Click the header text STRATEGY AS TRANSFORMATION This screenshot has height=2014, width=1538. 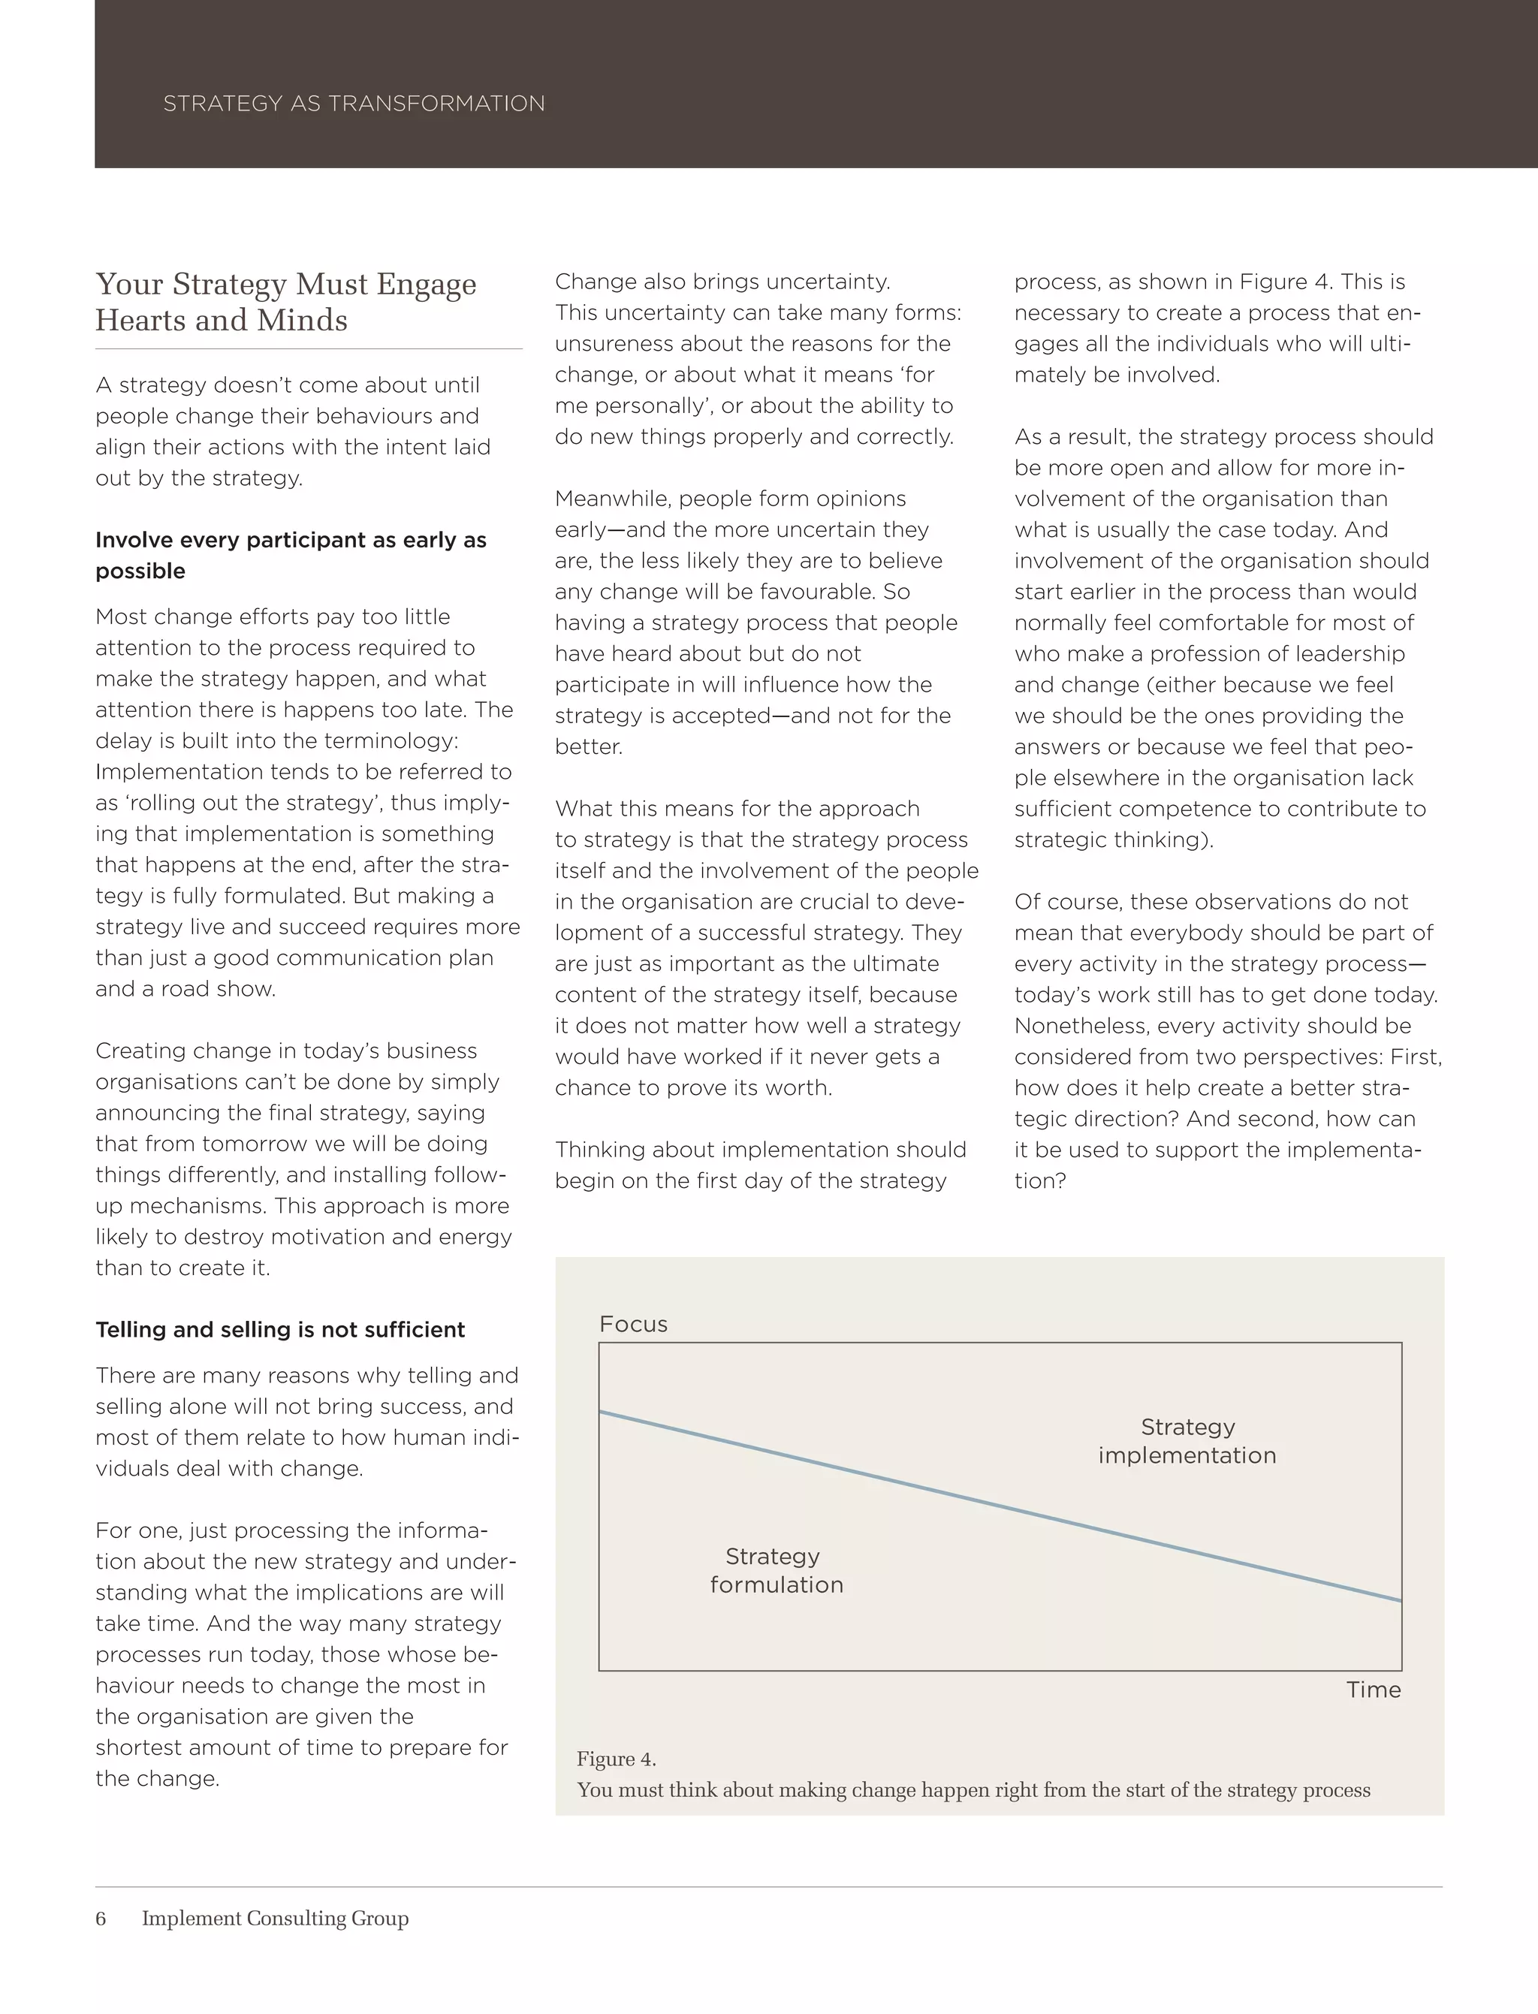coord(354,104)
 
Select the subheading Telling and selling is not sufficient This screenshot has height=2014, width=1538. coord(280,1329)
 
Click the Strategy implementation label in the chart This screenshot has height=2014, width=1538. coord(1187,1441)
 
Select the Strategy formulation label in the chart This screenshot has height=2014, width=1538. coord(777,1570)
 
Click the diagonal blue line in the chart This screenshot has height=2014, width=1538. coord(1000,1506)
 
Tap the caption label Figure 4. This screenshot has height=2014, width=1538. coord(616,1759)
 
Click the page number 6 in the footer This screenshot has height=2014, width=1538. coord(101,1918)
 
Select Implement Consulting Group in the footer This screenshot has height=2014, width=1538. coord(275,1918)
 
